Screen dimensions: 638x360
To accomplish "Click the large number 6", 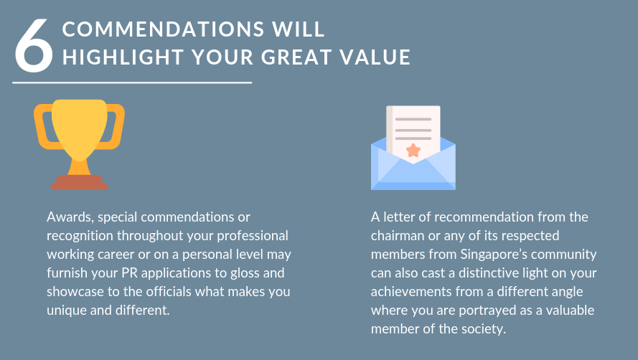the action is (x=34, y=46).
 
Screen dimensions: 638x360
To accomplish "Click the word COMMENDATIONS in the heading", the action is (x=163, y=29).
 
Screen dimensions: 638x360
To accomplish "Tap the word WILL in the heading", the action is (x=299, y=29).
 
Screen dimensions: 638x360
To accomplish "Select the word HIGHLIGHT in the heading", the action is (x=123, y=57).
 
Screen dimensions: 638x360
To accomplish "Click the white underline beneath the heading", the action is (x=132, y=82).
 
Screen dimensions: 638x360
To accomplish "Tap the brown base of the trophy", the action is (x=80, y=183).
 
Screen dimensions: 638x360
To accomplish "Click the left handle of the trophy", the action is (x=44, y=126).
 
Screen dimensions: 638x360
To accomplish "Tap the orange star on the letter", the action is (x=413, y=151).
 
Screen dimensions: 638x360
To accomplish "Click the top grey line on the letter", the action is (x=413, y=119).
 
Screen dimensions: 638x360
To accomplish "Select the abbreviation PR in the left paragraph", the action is (x=130, y=273).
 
